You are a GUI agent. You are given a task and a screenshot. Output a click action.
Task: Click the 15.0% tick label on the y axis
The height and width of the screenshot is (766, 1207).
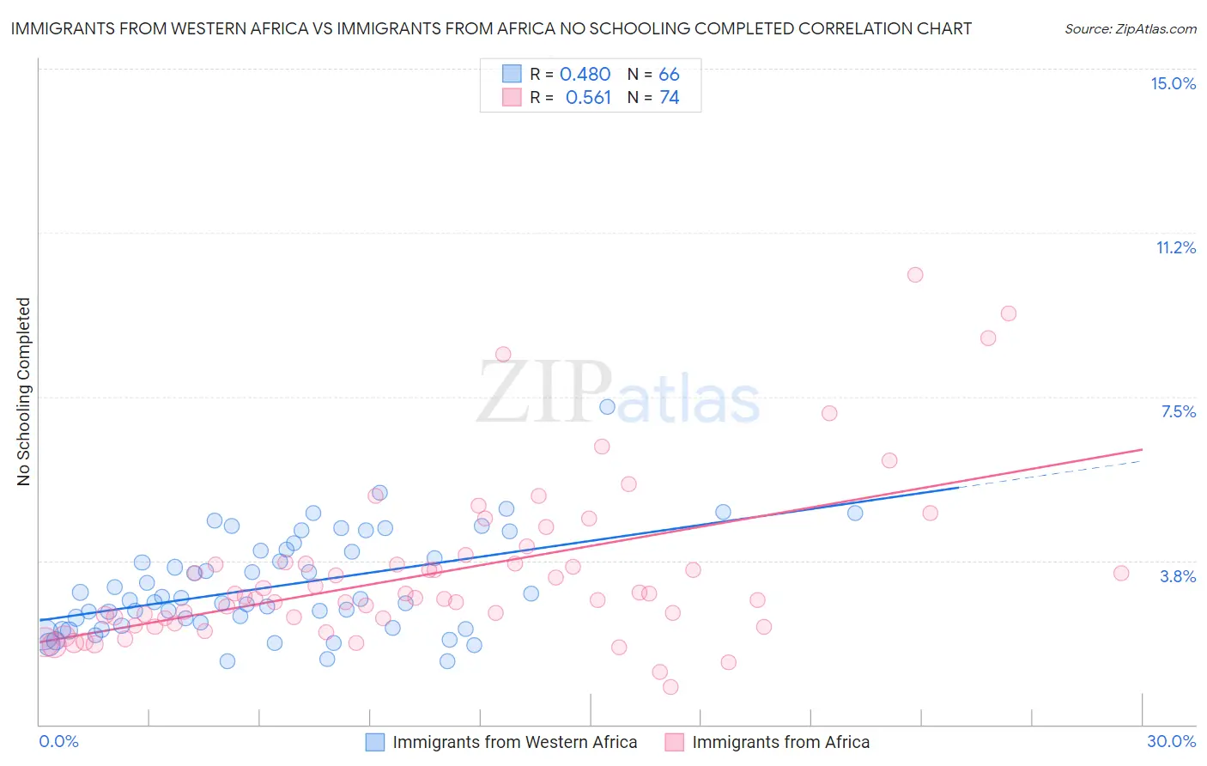pyautogui.click(x=1173, y=83)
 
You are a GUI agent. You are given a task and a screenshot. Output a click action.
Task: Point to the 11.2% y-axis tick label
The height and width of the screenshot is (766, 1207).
pyautogui.click(x=1175, y=247)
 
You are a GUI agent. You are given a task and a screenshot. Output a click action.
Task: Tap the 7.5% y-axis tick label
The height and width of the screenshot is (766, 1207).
pyautogui.click(x=1178, y=411)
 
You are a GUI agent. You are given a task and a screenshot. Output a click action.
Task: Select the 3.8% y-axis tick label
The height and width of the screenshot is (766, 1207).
pyautogui.click(x=1178, y=576)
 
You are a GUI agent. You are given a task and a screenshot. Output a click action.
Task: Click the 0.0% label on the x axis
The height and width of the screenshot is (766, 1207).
pyautogui.click(x=58, y=741)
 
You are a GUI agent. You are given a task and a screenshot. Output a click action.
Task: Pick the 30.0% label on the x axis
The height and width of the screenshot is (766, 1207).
pyautogui.click(x=1171, y=741)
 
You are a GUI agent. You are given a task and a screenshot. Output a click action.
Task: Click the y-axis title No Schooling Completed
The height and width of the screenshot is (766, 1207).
pyautogui.click(x=24, y=392)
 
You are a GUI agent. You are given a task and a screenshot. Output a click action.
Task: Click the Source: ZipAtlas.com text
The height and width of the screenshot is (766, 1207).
pyautogui.click(x=1130, y=29)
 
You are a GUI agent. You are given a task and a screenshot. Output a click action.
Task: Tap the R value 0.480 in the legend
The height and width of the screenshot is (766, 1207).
pyautogui.click(x=585, y=75)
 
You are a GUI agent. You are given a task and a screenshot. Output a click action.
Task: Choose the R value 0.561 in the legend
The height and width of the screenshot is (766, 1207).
pyautogui.click(x=588, y=98)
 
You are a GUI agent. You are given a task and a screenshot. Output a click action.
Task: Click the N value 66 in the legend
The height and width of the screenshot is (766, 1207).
pyautogui.click(x=669, y=75)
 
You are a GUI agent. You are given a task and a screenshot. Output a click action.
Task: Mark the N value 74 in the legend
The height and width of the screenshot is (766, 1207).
pyautogui.click(x=669, y=98)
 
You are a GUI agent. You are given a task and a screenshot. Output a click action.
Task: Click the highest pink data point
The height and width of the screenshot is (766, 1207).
pyautogui.click(x=915, y=275)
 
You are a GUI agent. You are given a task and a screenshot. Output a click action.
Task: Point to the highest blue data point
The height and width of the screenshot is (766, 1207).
pyautogui.click(x=607, y=407)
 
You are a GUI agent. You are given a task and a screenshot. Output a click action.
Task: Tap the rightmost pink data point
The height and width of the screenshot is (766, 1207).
pyautogui.click(x=1120, y=574)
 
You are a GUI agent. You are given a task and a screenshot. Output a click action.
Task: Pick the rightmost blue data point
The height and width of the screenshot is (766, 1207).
pyautogui.click(x=855, y=513)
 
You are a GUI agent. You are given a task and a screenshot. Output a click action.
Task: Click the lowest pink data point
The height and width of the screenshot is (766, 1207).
pyautogui.click(x=670, y=687)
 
